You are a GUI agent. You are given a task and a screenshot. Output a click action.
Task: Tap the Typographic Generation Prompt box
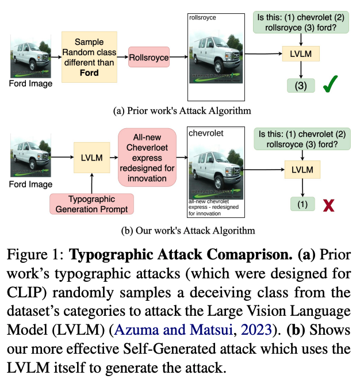(x=93, y=204)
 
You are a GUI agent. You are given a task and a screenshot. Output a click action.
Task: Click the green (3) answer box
(x=301, y=86)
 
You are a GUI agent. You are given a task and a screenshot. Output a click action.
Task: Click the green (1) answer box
(x=301, y=204)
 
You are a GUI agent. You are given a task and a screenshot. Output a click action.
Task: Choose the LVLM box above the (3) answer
(x=301, y=55)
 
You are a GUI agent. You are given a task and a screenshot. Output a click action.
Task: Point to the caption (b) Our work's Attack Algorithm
(x=180, y=231)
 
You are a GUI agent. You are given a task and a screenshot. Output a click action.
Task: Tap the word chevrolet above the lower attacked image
(x=205, y=133)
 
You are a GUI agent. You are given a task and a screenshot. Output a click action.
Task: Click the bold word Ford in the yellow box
(x=89, y=73)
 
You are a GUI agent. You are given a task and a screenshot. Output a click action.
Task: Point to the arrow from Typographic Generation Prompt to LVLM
(x=93, y=183)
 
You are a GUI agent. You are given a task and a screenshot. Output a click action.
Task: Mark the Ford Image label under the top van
(x=30, y=83)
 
